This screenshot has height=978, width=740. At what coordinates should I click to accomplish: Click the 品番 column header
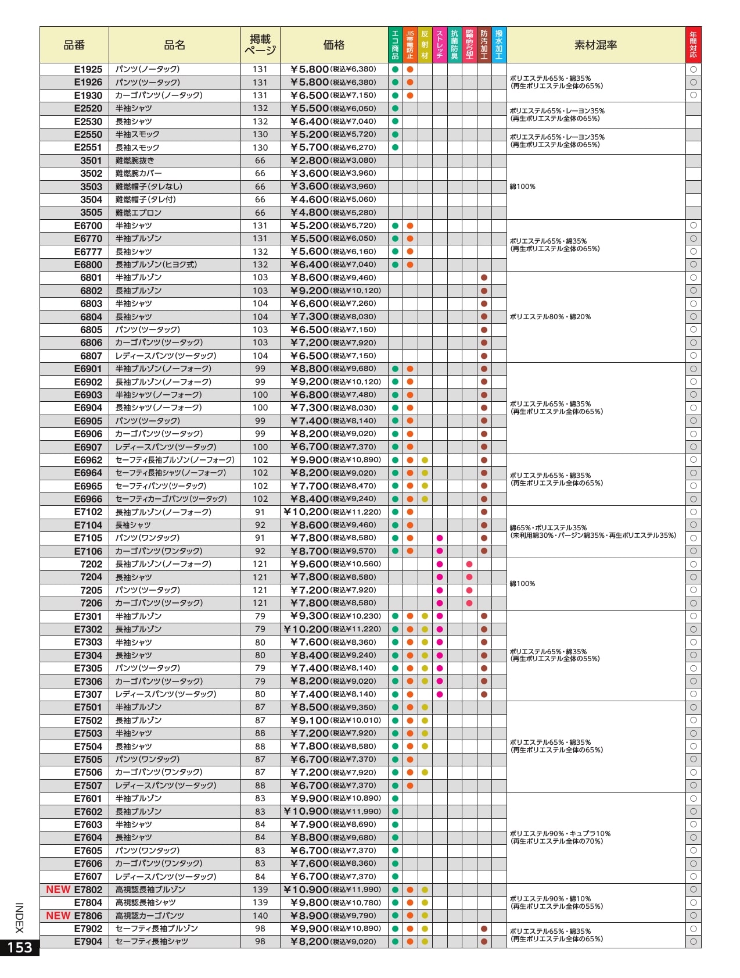(74, 45)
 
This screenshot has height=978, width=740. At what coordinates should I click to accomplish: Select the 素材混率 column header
(595, 45)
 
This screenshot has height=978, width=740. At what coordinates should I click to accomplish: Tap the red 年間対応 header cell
(693, 45)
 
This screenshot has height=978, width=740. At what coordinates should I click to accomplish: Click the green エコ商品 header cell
(395, 45)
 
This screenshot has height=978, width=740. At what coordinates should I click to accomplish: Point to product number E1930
(88, 95)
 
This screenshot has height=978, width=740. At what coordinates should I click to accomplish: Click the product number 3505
(91, 213)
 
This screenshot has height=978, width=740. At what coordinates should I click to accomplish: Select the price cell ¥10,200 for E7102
(306, 512)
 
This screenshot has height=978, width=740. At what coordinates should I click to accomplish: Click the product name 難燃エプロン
(138, 213)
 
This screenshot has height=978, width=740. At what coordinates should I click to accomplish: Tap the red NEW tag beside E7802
(58, 890)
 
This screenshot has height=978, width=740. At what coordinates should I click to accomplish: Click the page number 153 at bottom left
(20, 947)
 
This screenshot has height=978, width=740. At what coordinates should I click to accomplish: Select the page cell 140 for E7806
(260, 916)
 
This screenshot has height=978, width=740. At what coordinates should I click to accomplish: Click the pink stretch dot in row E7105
(440, 538)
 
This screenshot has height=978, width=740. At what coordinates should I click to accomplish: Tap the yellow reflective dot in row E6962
(425, 460)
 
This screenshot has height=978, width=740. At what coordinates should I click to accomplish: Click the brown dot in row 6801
(484, 278)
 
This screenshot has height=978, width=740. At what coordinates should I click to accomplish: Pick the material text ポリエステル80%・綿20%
(550, 317)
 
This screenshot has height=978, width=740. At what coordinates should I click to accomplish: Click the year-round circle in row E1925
(693, 69)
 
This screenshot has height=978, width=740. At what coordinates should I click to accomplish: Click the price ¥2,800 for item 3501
(310, 160)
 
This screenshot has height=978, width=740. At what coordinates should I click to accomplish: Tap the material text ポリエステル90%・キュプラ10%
(560, 834)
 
